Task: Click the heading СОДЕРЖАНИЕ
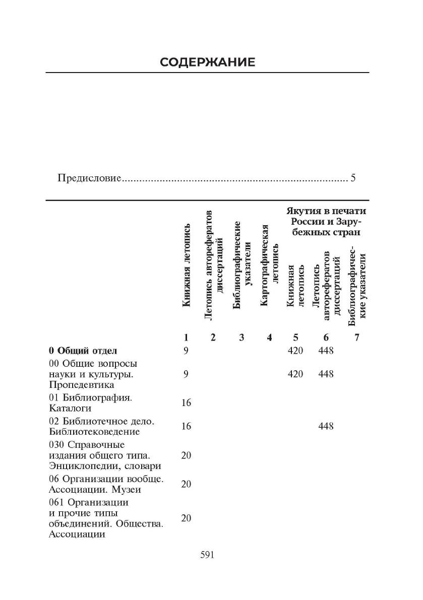208,62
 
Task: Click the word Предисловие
90,178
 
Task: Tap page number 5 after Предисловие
353,178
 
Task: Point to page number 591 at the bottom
208,555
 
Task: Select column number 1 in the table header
186,338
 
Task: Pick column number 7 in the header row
356,338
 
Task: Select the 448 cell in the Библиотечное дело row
326,426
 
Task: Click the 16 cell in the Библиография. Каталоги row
186,402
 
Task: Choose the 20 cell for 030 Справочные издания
186,455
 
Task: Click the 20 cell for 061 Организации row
186,518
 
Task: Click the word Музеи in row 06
126,489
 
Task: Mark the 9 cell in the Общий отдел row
186,351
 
